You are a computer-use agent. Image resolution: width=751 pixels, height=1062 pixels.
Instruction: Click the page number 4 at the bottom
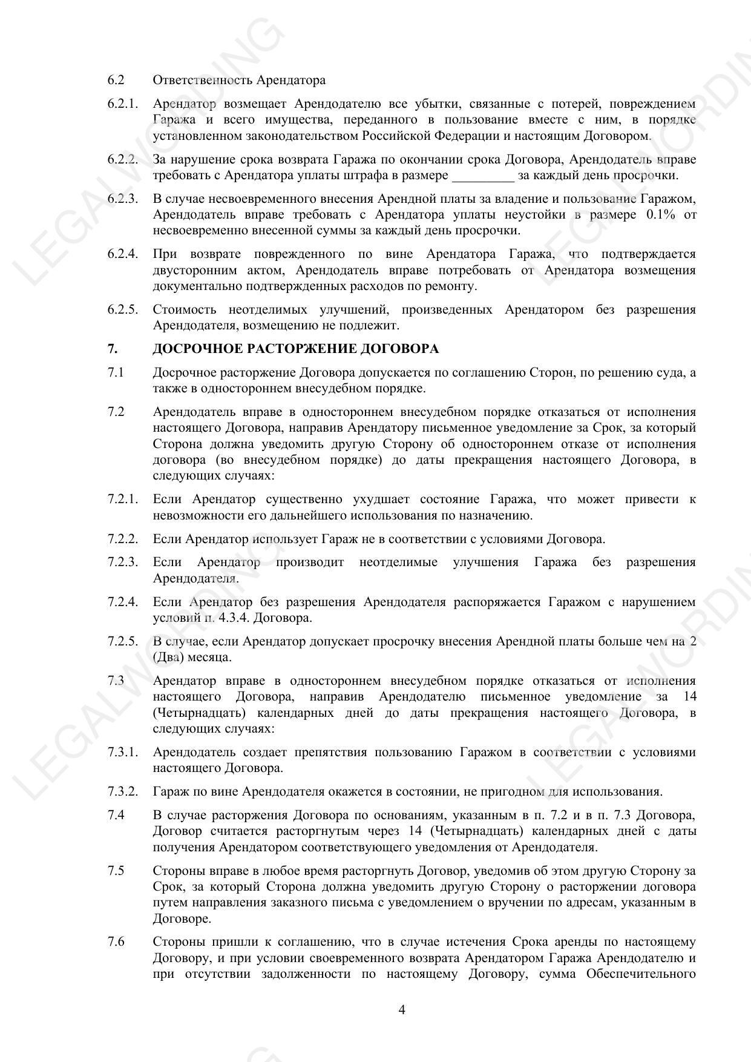[x=402, y=1009]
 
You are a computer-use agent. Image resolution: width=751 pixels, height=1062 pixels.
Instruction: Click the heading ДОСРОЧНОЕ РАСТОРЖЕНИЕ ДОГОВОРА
[x=295, y=349]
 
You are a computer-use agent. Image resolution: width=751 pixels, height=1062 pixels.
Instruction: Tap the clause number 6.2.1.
[x=123, y=104]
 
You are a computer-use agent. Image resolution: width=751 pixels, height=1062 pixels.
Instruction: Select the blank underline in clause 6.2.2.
[x=483, y=176]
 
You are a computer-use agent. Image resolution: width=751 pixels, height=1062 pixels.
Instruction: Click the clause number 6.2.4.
[x=123, y=254]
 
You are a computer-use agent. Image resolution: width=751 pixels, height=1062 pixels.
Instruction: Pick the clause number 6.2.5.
[x=123, y=309]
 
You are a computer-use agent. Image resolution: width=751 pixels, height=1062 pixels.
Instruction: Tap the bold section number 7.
[x=112, y=349]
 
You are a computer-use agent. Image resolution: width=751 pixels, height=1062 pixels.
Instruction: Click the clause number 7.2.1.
[x=123, y=500]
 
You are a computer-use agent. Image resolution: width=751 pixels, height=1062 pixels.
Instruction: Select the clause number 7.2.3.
[x=123, y=562]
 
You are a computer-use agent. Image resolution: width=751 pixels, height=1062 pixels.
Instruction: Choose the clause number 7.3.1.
[x=123, y=753]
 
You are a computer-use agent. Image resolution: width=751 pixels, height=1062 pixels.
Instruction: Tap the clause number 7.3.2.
[x=123, y=792]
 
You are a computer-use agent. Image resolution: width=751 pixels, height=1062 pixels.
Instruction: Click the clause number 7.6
[x=116, y=942]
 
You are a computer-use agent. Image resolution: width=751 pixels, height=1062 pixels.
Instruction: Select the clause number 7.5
[x=116, y=871]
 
